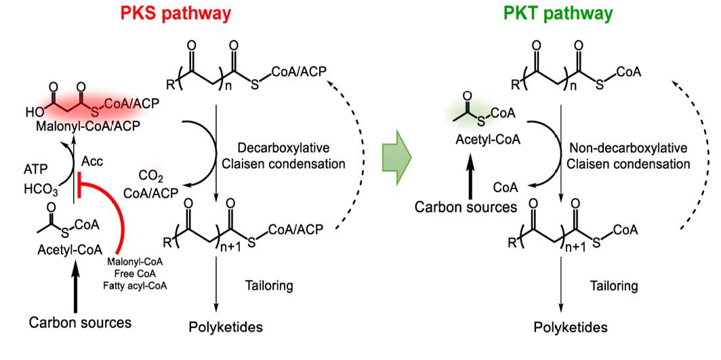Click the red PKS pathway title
pyautogui.click(x=176, y=14)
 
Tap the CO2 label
pyautogui.click(x=152, y=176)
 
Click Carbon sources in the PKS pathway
pyautogui.click(x=80, y=322)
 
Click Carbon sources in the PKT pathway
pyautogui.click(x=466, y=207)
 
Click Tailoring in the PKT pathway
pyautogui.click(x=614, y=286)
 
